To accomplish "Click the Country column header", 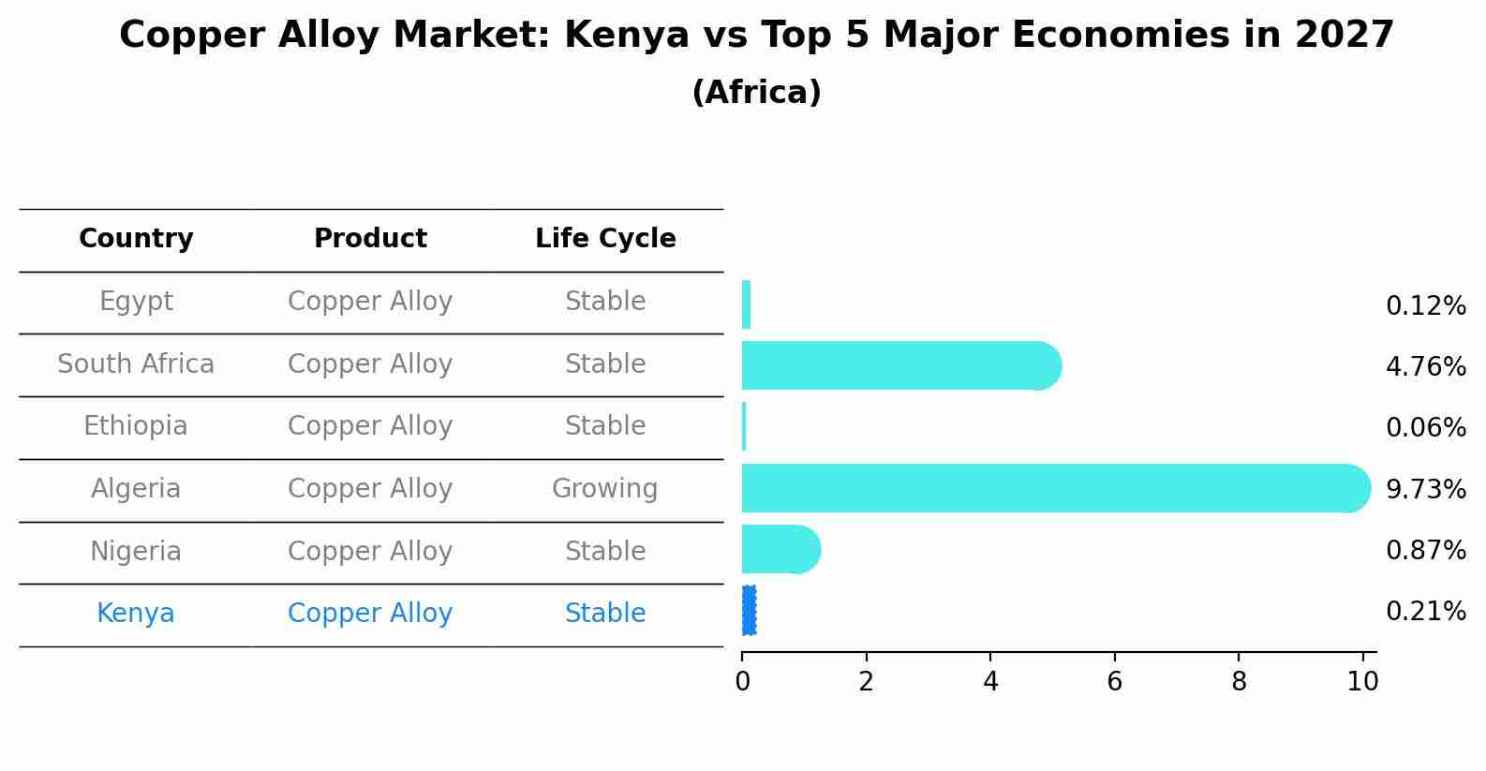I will tap(136, 239).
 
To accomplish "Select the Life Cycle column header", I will tap(605, 239).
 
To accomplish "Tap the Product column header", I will tap(370, 239).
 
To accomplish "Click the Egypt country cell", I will tap(136, 302).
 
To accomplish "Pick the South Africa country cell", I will tap(136, 364).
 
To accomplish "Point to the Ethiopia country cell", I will tap(136, 426).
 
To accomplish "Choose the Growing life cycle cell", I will tap(605, 489).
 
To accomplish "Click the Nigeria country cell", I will tap(136, 552).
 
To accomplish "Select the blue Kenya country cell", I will tap(136, 614).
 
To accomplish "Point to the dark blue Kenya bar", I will tap(749, 611).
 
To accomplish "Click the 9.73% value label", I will tap(1425, 489).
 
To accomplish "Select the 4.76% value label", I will tap(1425, 366).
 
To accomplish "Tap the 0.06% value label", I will tap(1425, 428).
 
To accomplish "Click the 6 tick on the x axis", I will tap(1114, 682).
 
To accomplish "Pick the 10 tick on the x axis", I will tap(1362, 682).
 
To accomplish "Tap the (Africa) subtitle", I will tap(756, 93).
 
